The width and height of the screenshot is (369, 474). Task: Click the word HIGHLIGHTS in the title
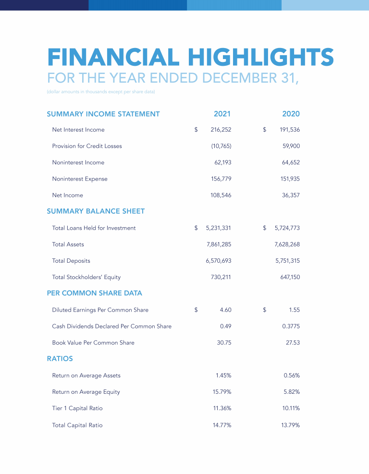tap(258, 57)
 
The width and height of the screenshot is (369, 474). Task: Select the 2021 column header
tap(222, 114)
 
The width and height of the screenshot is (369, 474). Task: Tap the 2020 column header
tap(291, 114)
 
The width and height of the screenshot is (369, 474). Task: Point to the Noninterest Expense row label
tap(80, 179)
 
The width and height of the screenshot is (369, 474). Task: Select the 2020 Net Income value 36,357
tap(291, 195)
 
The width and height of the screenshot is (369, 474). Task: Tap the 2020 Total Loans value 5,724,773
tap(287, 228)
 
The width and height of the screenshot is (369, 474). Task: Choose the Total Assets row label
tap(68, 244)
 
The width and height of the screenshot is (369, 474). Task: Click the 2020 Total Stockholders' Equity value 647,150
tap(290, 277)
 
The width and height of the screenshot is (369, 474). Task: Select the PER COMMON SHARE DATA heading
tap(94, 293)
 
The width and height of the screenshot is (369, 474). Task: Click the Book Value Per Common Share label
tap(93, 342)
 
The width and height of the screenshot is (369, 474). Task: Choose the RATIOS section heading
tap(60, 358)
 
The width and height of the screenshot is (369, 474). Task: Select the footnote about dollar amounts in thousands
tap(101, 92)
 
